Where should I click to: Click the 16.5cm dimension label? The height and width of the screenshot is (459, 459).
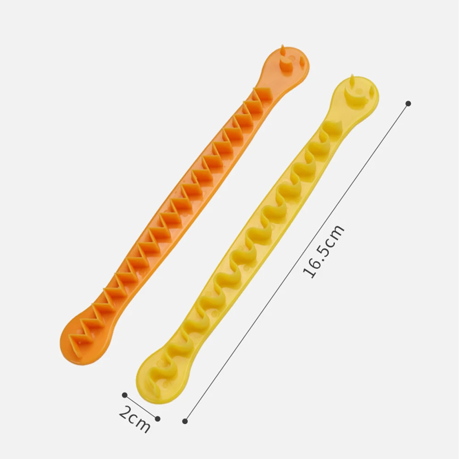[323, 251]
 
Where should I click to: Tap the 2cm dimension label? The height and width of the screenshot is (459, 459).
[134, 419]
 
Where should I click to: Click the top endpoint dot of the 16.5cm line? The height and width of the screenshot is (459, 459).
[409, 103]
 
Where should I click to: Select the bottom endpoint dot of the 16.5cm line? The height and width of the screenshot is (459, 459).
[185, 421]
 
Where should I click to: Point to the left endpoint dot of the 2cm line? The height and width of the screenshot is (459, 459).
[124, 395]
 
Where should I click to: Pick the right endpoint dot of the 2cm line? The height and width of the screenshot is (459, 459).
[157, 419]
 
